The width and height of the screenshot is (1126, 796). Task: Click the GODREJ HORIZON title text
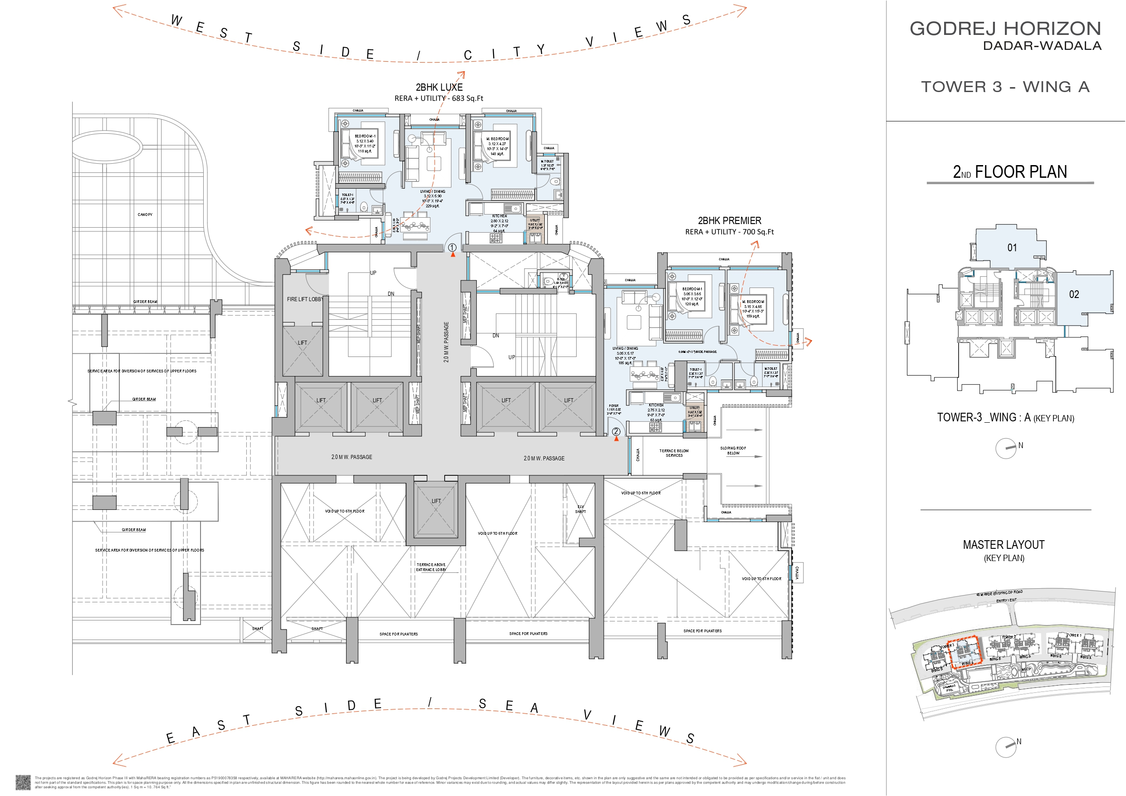1005,29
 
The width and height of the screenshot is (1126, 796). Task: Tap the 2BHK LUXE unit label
439,87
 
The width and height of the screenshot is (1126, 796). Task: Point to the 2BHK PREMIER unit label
729,221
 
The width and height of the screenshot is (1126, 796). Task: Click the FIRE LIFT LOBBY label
304,299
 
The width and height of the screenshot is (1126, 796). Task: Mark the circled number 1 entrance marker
452,248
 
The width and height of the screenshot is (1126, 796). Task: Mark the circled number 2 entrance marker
616,432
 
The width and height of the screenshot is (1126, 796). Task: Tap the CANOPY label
145,215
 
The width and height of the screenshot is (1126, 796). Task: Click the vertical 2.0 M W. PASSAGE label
446,342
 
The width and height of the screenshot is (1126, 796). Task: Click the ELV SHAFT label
580,509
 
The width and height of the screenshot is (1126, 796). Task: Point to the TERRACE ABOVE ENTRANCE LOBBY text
431,567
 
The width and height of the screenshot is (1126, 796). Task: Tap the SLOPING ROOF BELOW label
733,450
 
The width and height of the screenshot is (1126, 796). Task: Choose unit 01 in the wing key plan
1012,248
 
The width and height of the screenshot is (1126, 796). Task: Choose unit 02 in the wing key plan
1073,294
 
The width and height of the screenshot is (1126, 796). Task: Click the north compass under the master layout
1006,747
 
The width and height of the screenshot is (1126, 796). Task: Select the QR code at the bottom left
23,782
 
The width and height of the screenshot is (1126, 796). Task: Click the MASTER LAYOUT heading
1004,544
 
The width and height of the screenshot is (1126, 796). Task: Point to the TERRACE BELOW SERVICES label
674,453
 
